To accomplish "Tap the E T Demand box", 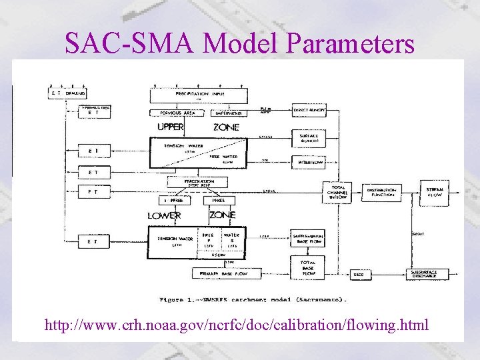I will coord(69,95).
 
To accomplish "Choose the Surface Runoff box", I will coord(309,137).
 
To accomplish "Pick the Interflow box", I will coord(309,161).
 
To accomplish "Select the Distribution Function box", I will coord(381,192).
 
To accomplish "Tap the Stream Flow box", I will coord(434,192).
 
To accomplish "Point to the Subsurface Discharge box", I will coord(425,274).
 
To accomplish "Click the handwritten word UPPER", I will coord(171,127).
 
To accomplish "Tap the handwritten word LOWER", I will coord(164,215).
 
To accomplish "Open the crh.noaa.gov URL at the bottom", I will coord(237,326).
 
